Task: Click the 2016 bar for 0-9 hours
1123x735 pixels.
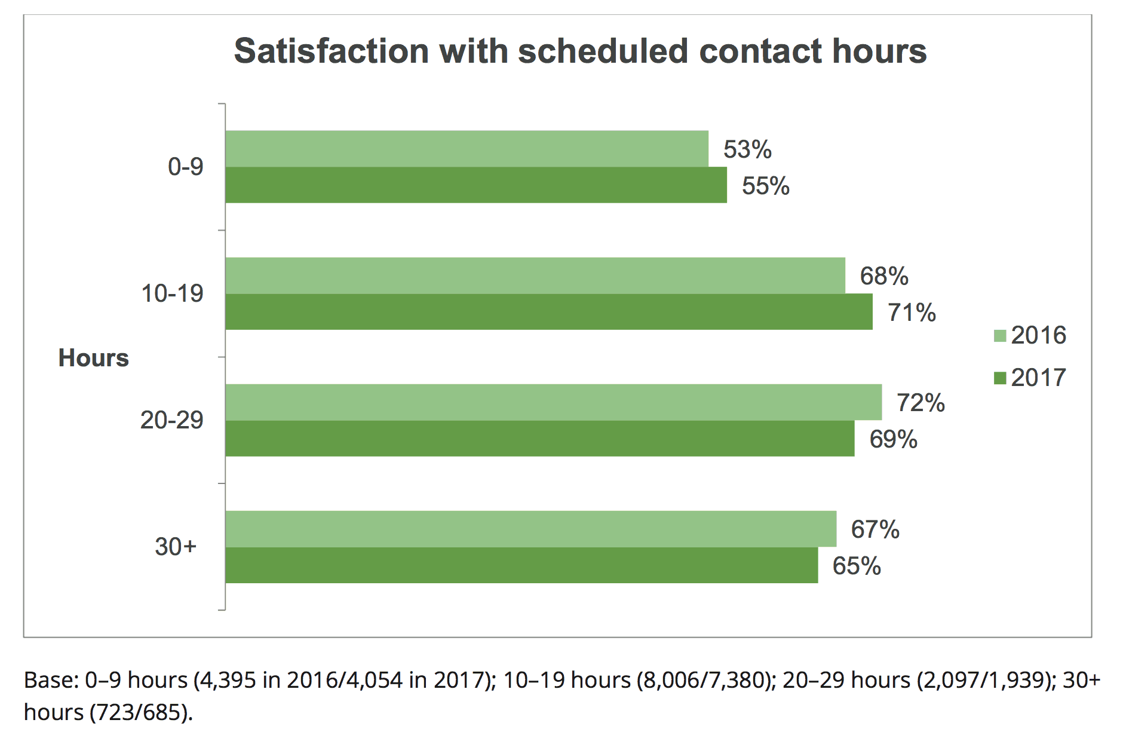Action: click(467, 149)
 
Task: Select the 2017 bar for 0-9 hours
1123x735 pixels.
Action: click(476, 185)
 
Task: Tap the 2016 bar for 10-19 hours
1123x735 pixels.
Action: click(535, 275)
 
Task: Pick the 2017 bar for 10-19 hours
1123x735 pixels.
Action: click(549, 312)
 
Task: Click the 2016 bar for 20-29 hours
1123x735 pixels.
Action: click(553, 402)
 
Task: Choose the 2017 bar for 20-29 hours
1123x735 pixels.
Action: click(539, 439)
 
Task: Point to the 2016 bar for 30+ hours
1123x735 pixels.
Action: click(530, 529)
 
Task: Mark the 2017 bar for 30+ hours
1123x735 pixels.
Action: click(521, 565)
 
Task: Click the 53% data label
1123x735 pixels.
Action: click(747, 149)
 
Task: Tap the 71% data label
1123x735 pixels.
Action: click(912, 313)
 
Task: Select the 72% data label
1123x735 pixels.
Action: click(921, 403)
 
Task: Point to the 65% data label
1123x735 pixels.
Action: click(857, 566)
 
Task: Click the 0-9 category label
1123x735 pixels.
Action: click(185, 167)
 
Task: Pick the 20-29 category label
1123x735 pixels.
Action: click(172, 420)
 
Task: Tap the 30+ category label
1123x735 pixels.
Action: click(176, 547)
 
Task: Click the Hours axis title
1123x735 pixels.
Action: click(94, 358)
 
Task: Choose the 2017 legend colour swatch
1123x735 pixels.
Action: click(1000, 378)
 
